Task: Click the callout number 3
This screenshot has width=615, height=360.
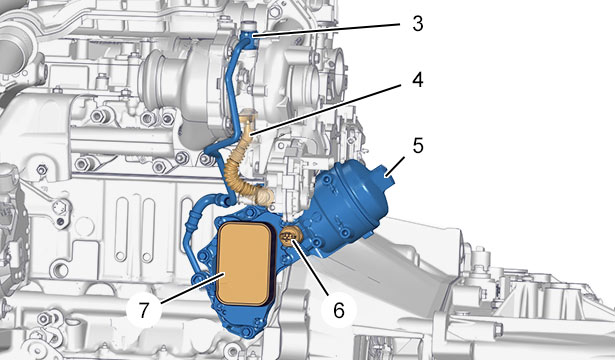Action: pos(418,24)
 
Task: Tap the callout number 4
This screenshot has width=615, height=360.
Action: pos(417,80)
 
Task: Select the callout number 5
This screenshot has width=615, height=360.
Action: pos(418,145)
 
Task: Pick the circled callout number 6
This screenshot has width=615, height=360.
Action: pos(339,310)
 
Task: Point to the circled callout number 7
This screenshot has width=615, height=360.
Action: pos(144,310)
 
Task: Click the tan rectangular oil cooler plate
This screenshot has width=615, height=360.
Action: pos(244,264)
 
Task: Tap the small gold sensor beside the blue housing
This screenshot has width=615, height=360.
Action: pos(291,236)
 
